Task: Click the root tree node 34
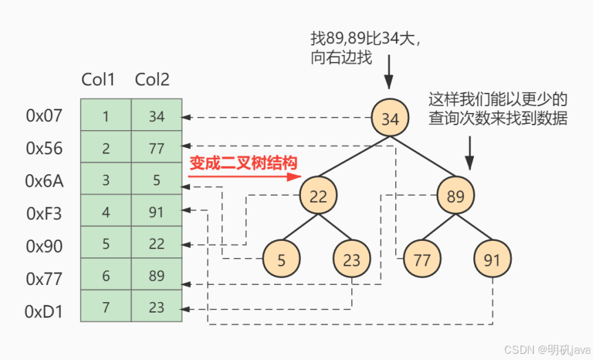point(390,118)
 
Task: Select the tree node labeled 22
point(318,196)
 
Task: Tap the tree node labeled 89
point(455,196)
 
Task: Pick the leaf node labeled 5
point(281,260)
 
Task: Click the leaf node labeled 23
point(351,260)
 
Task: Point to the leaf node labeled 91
point(492,260)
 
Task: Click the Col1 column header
point(98,80)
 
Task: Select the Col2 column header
point(152,80)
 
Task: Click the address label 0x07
point(44,116)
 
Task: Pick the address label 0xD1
point(44,312)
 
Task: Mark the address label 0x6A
point(44,181)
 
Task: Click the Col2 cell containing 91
point(157,211)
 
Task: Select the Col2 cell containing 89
point(157,275)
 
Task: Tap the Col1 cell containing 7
point(105,307)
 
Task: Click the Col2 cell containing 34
point(157,116)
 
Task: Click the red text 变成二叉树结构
point(243,163)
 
